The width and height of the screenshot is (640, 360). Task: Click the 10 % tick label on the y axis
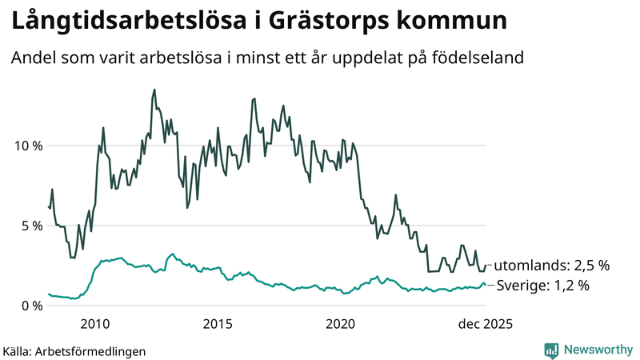(26, 146)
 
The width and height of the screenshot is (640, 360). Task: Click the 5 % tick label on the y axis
(30, 226)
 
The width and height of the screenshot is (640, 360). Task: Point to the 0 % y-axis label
(30, 306)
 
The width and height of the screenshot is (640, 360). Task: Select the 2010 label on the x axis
(95, 324)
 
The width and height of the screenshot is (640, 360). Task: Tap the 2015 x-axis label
(218, 324)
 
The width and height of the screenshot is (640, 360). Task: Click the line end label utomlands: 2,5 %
(551, 265)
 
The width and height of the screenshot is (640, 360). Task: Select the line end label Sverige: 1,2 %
(543, 286)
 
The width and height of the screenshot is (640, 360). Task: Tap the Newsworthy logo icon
(551, 350)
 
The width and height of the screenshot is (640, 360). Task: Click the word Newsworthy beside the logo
(597, 350)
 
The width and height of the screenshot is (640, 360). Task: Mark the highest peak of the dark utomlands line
(154, 90)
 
